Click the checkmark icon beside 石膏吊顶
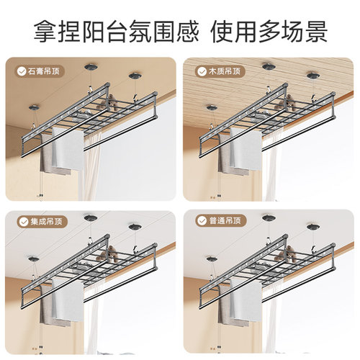point(20,71)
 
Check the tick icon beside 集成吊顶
point(20,220)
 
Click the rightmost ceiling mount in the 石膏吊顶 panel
point(134,74)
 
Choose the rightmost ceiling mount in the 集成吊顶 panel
point(134,225)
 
